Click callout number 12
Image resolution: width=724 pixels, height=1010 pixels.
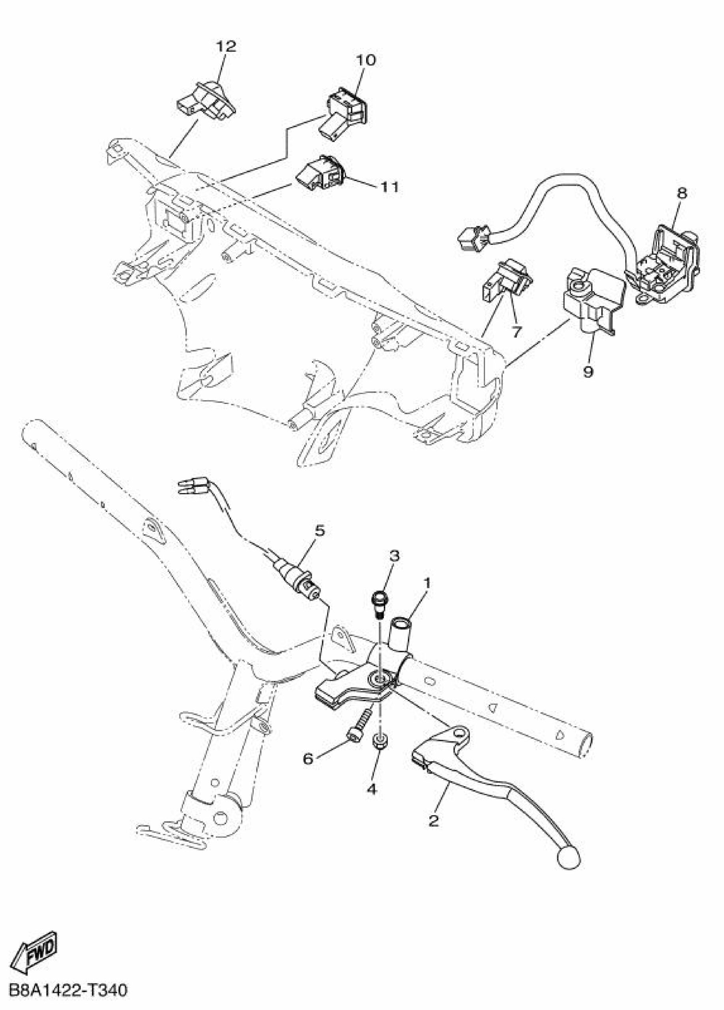(x=226, y=46)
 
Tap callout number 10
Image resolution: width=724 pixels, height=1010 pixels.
(x=365, y=60)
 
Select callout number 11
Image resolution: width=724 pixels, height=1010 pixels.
(x=389, y=187)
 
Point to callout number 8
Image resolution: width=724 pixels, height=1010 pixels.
(x=682, y=193)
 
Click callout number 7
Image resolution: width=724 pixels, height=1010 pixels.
(x=516, y=331)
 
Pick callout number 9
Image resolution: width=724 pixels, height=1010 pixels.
(x=588, y=371)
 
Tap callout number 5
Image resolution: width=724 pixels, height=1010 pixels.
(x=320, y=531)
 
